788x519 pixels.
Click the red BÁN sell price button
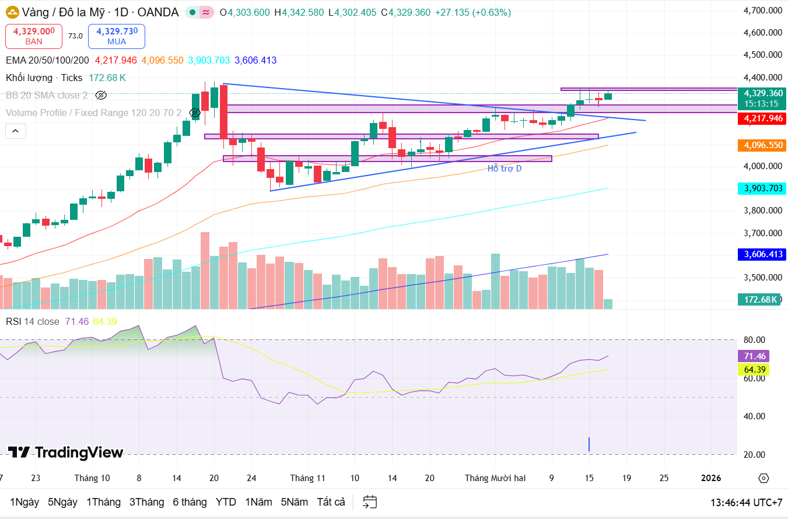click(34, 36)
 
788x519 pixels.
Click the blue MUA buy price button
click(117, 36)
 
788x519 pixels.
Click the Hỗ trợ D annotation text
click(505, 169)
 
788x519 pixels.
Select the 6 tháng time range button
click(190, 502)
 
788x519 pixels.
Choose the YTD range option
click(226, 502)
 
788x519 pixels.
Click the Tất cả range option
click(331, 502)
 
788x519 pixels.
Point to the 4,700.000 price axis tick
click(762, 10)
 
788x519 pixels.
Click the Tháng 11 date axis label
click(307, 478)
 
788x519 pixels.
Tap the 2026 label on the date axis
click(710, 478)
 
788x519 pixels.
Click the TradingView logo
click(65, 453)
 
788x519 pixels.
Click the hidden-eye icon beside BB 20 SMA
click(101, 95)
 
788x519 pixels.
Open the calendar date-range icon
click(370, 502)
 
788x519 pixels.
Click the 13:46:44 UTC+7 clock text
click(746, 502)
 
